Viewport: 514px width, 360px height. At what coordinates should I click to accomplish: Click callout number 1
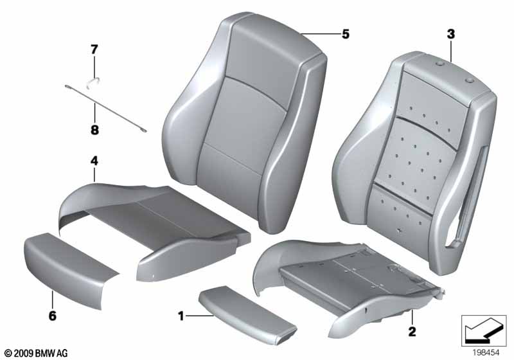pos(182,316)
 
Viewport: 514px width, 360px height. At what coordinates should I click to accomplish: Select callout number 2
pos(412,332)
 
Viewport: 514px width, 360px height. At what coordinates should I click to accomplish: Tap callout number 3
pos(451,33)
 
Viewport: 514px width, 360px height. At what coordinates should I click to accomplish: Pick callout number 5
pos(346,34)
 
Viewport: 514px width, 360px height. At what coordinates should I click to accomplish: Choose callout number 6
pos(52,316)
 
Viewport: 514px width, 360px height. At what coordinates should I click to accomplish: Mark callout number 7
pos(94,48)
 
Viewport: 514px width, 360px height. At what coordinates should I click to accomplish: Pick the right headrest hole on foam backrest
pos(468,80)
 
